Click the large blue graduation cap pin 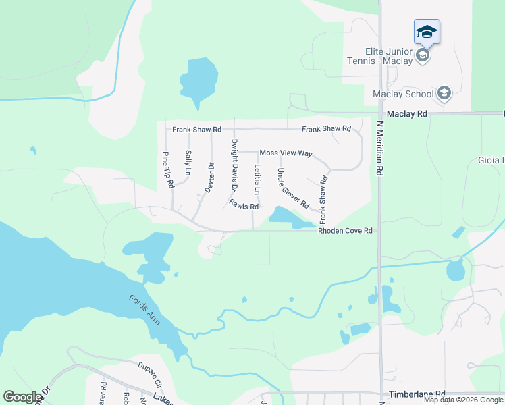pos(427,31)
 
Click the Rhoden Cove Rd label pos(345,231)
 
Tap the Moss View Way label pos(286,153)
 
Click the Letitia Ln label pos(257,182)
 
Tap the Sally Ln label pos(188,163)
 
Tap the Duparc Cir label pos(152,370)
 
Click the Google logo pos(22,397)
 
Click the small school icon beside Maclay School pos(444,92)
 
